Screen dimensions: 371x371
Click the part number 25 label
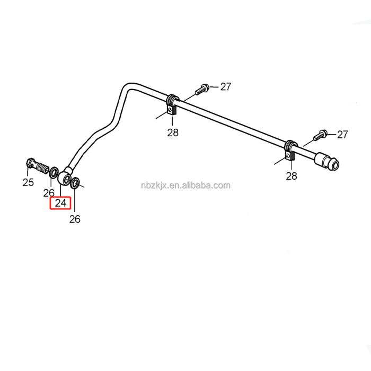[28, 182]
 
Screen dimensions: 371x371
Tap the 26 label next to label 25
[49, 192]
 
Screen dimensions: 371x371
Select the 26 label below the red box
[75, 219]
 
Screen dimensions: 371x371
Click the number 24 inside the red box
[60, 203]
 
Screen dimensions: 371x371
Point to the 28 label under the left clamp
[173, 132]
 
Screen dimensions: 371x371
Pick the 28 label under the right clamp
[291, 176]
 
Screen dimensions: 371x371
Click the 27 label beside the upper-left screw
[226, 87]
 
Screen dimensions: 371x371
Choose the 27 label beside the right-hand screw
[342, 134]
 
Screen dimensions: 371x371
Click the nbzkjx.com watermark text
[186, 185]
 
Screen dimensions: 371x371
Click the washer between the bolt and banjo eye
[54, 172]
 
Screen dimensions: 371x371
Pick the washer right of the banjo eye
[76, 183]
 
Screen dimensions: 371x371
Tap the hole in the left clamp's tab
[171, 110]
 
